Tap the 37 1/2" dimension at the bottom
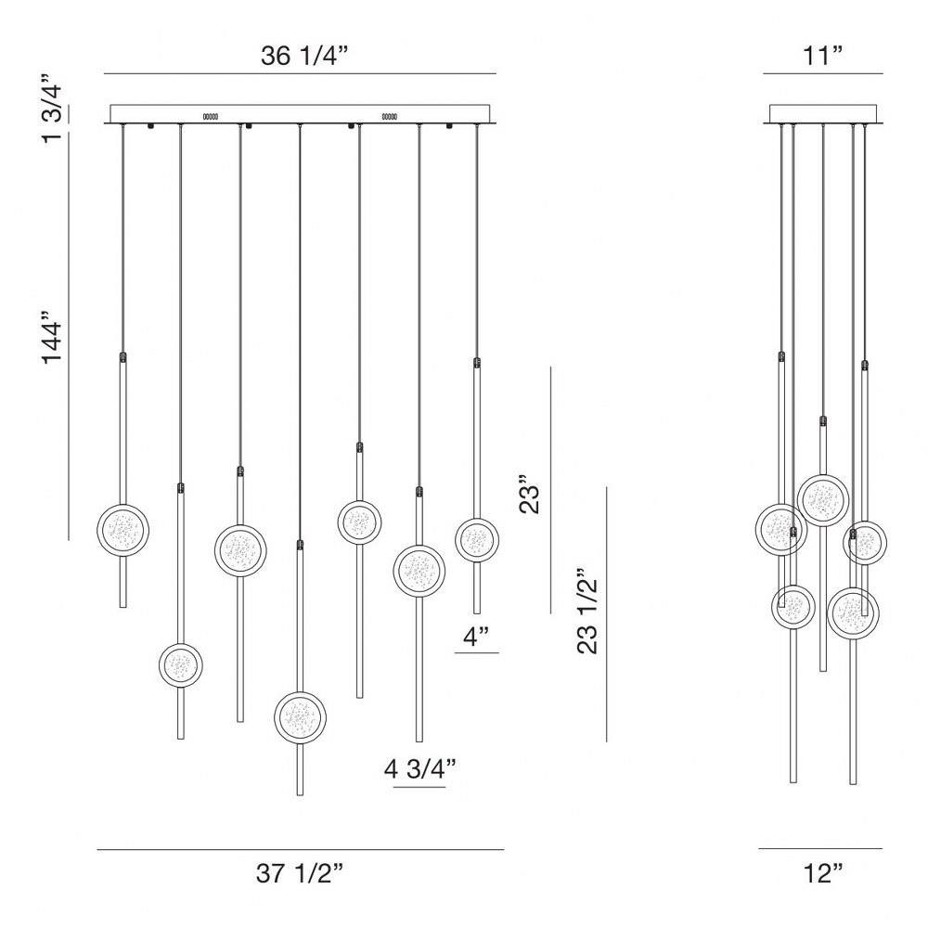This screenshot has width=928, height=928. tap(300, 873)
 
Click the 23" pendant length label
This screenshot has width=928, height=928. tap(530, 494)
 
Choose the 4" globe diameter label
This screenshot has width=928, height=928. tap(476, 637)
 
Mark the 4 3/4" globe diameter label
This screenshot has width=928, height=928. tap(420, 768)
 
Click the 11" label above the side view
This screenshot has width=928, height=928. tap(822, 56)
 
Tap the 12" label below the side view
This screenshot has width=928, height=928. tap(823, 873)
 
